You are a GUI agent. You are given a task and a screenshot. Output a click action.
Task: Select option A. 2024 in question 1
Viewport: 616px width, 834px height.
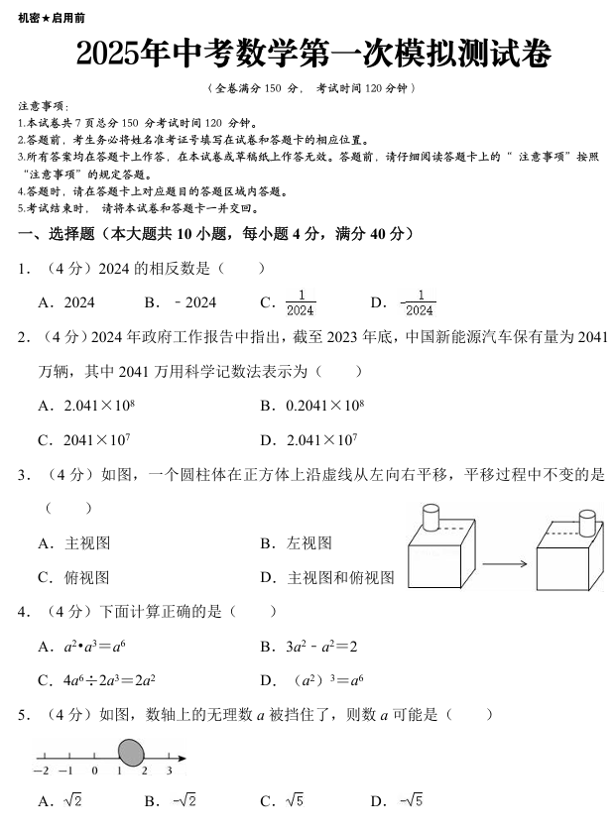66,302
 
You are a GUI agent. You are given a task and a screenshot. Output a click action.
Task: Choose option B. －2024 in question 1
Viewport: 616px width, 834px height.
181,302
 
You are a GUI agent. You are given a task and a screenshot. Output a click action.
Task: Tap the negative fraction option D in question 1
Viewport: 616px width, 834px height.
405,302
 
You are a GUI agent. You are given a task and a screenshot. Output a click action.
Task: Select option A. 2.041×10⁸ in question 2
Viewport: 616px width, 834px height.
86,405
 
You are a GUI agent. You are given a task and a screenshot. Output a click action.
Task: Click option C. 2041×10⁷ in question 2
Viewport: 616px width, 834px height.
84,439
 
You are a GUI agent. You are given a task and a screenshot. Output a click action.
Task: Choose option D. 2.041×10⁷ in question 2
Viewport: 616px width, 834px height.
308,439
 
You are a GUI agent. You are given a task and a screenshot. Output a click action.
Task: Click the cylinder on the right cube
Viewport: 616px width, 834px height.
587,523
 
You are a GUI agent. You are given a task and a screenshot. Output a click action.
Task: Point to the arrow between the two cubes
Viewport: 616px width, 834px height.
504,565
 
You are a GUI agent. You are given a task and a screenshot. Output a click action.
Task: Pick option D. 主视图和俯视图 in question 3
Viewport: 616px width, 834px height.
327,577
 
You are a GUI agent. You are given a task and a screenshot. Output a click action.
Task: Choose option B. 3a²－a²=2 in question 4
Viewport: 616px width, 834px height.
308,647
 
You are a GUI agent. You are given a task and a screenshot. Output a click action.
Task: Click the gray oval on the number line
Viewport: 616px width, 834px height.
131,754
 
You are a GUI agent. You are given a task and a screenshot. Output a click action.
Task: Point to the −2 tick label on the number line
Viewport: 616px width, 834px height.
42,771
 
